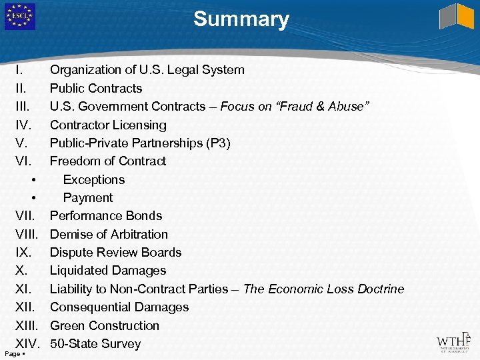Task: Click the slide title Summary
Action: (241, 19)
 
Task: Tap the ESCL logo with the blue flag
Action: (20, 17)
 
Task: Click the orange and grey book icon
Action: (457, 17)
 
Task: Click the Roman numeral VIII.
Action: (27, 234)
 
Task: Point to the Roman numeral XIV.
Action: (28, 344)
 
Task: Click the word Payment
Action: (88, 197)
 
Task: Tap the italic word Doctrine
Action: (377, 289)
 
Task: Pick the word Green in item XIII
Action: (67, 325)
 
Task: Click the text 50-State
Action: (73, 344)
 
